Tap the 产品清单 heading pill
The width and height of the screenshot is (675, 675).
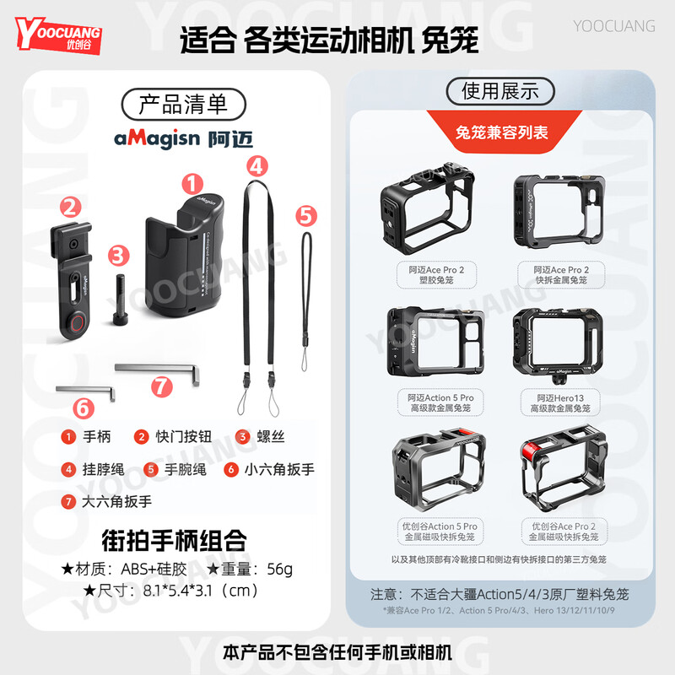183,104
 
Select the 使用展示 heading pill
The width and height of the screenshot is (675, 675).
499,90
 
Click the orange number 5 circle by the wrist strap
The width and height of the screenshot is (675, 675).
306,216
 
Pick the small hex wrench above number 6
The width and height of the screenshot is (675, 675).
84,389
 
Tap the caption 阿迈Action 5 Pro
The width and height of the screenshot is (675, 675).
440,397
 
